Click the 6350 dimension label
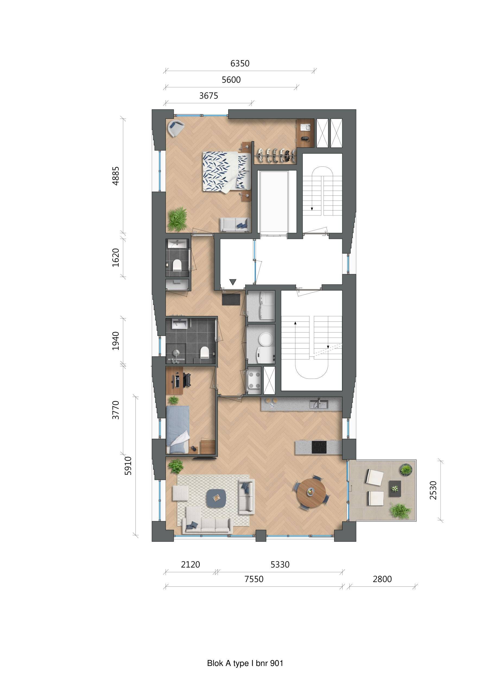tap(240, 64)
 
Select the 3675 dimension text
tap(208, 96)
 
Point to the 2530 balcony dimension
tap(433, 490)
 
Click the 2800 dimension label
tap(382, 579)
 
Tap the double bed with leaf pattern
tap(226, 172)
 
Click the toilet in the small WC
tap(176, 265)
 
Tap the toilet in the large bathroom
tap(205, 352)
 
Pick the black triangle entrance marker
tap(233, 282)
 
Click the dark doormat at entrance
tap(231, 299)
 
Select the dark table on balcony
tap(395, 488)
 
